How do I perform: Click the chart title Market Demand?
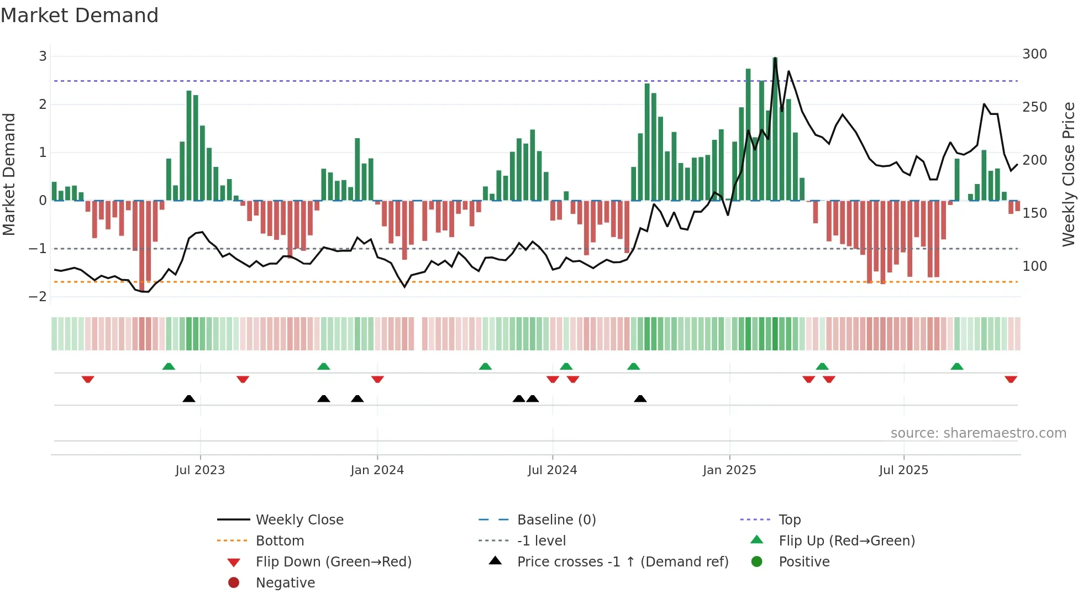[x=80, y=15]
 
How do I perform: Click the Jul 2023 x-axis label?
[x=200, y=470]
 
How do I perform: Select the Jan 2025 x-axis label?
[x=729, y=470]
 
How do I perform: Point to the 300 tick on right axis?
[x=1034, y=54]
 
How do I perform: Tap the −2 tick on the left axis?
[x=38, y=297]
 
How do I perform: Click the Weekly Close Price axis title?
[x=1069, y=174]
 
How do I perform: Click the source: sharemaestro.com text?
[x=978, y=433]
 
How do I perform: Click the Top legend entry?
[x=790, y=520]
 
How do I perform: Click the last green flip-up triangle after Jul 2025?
[x=957, y=366]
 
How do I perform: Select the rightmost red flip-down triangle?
[x=1011, y=380]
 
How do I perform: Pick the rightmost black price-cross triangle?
[x=640, y=399]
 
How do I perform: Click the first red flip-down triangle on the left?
[x=88, y=380]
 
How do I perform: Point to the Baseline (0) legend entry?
[x=556, y=520]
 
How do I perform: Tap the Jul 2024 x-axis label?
[x=552, y=470]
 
